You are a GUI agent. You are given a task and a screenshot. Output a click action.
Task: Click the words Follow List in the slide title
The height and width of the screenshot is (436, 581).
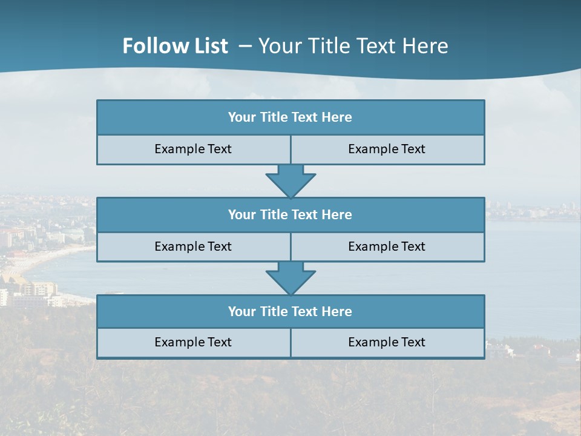[x=176, y=46]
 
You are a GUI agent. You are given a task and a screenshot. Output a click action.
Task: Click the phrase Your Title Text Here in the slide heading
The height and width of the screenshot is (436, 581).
[x=353, y=46]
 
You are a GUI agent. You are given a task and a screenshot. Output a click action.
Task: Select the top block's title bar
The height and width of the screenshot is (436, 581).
[x=290, y=117]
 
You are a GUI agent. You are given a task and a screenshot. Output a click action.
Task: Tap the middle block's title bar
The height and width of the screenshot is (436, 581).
[x=290, y=214]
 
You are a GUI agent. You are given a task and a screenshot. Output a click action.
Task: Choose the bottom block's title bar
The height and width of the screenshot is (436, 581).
[x=290, y=311]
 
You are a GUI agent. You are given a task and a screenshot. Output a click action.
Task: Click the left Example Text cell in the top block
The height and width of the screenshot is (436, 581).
[x=193, y=149]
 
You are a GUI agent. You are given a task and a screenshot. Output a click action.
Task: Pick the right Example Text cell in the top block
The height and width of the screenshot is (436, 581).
[x=387, y=149]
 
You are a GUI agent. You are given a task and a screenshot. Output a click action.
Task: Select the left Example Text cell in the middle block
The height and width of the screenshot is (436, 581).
[x=193, y=246]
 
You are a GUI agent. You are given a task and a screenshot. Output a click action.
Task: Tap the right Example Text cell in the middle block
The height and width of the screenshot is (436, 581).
[x=387, y=246]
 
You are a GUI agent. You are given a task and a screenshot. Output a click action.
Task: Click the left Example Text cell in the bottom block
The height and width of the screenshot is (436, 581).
[x=193, y=342]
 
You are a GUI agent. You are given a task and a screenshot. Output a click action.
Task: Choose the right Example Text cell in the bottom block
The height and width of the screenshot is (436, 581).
[x=387, y=342]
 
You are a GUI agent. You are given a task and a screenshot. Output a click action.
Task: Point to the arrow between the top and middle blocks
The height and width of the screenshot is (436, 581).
[x=290, y=180]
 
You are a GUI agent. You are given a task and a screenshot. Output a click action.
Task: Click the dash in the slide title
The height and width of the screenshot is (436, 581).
[x=245, y=46]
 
